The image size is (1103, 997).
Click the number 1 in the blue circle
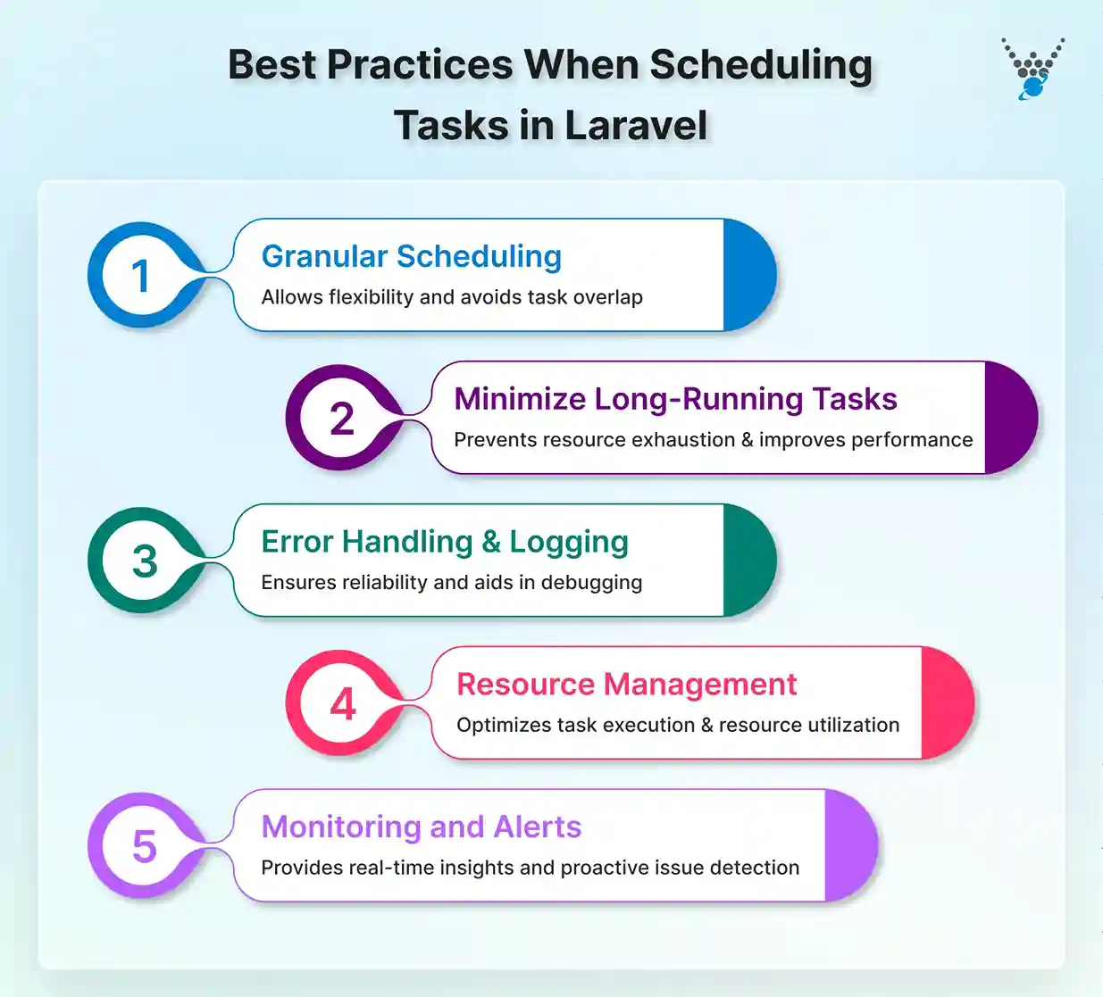[140, 276]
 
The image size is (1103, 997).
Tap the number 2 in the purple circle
[341, 419]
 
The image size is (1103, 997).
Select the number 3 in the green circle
[144, 561]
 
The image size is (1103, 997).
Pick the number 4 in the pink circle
[343, 704]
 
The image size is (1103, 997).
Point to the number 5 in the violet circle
[144, 846]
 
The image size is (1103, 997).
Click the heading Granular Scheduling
[411, 256]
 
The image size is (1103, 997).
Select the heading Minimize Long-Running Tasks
[675, 399]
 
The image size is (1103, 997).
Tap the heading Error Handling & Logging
[445, 542]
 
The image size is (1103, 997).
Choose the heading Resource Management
[626, 685]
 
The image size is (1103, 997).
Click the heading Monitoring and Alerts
[421, 827]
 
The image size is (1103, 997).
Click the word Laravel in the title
[636, 125]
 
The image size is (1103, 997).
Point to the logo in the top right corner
[1032, 68]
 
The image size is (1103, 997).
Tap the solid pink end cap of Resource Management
[945, 703]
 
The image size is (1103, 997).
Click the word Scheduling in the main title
[761, 65]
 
